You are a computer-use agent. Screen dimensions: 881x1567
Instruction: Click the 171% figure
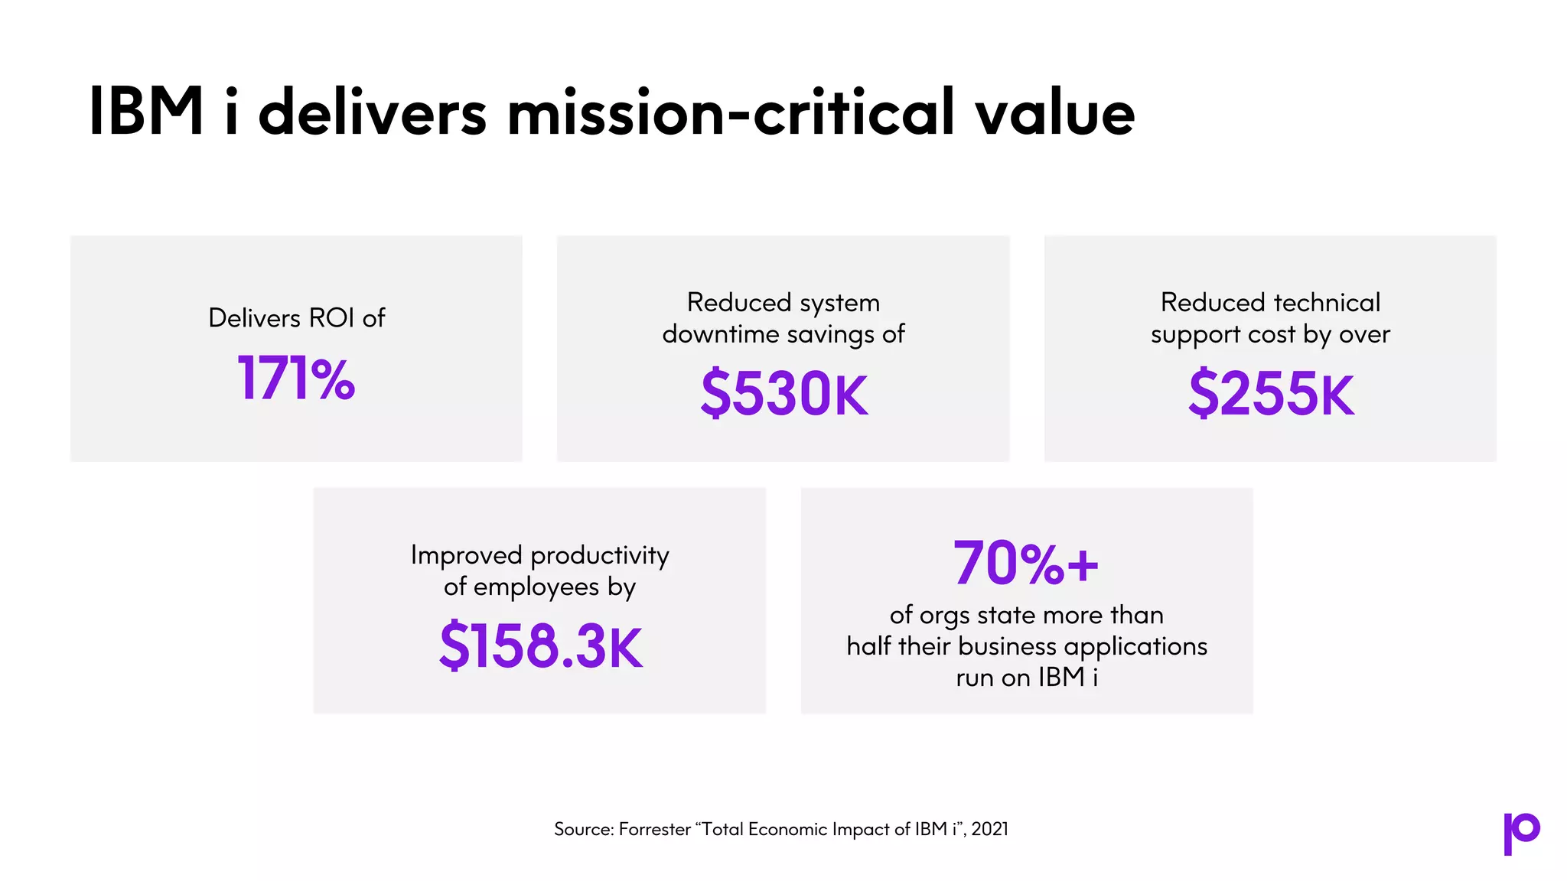296,378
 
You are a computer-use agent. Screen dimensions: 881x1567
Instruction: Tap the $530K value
784,393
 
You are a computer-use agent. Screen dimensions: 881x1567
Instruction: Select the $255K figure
1271,393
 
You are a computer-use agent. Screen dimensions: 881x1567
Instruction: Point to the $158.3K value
540,646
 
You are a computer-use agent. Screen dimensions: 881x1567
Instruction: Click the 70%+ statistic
1025,564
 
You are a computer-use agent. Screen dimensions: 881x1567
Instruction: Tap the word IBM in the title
146,112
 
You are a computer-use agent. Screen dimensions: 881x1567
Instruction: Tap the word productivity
599,555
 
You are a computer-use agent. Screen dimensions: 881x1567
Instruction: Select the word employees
536,587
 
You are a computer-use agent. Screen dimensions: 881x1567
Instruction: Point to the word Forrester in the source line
654,829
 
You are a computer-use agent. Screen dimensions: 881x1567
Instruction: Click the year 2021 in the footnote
990,829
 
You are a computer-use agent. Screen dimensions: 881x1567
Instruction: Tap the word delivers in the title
372,112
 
